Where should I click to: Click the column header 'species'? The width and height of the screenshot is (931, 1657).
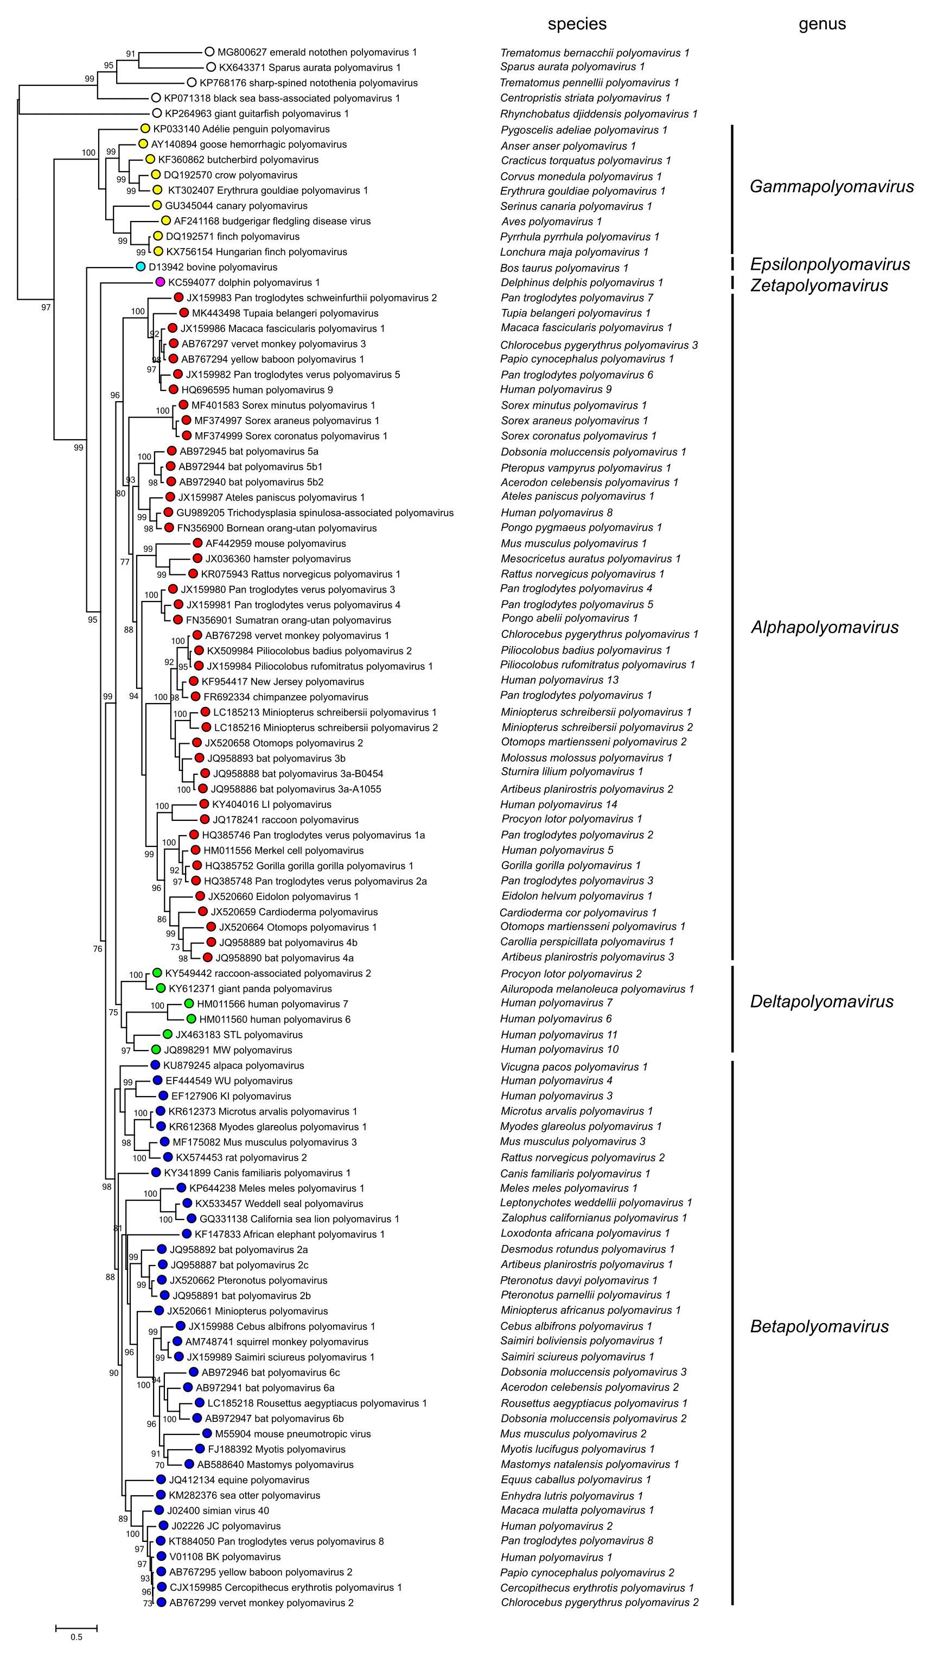(x=577, y=24)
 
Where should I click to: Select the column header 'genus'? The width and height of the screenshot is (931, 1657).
(x=822, y=24)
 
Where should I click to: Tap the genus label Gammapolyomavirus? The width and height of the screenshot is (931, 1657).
(x=831, y=187)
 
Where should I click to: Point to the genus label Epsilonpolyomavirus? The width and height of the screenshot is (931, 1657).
(x=830, y=264)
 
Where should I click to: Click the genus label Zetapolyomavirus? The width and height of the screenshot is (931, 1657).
(x=819, y=286)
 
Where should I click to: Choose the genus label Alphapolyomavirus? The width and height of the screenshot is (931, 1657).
(x=824, y=627)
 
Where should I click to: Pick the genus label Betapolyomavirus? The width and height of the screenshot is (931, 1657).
(x=819, y=1326)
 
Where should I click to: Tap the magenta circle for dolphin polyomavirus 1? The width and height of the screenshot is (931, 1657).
(x=160, y=282)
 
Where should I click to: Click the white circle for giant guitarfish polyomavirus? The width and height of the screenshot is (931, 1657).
(x=157, y=114)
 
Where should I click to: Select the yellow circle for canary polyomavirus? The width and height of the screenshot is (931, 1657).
(x=157, y=206)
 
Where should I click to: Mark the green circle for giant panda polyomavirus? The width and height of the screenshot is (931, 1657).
(x=160, y=989)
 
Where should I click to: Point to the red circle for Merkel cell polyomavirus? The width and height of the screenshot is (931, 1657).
(x=195, y=850)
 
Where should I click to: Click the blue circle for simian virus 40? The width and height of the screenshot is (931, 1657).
(x=159, y=1510)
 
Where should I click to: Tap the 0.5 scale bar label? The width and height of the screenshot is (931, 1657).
(x=76, y=1637)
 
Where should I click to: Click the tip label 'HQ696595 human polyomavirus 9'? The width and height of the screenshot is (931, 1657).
(x=257, y=390)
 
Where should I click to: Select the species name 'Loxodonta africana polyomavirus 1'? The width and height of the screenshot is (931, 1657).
(x=585, y=1234)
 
